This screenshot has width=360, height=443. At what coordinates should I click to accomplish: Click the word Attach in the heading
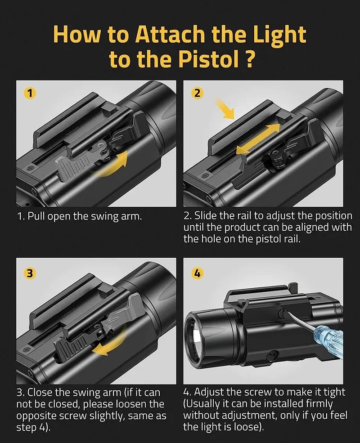(x=170, y=34)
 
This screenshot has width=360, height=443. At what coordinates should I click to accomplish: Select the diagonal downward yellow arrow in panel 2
(x=225, y=108)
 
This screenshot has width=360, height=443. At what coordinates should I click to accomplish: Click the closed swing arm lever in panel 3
(x=72, y=346)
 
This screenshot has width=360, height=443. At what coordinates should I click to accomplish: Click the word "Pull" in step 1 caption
(x=35, y=216)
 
